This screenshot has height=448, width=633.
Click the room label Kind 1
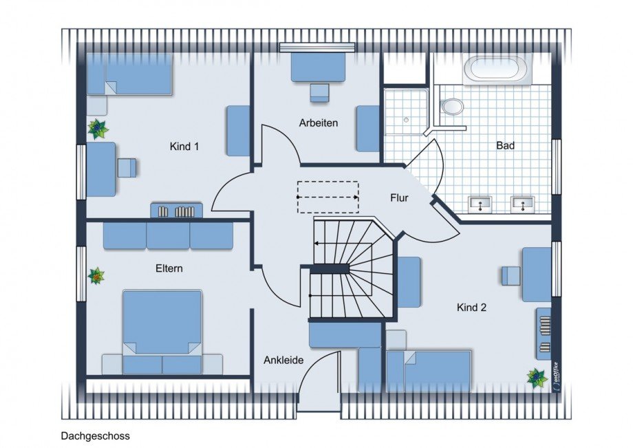click(184, 146)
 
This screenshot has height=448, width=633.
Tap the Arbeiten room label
click(318, 123)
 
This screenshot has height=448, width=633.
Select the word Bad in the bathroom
click(505, 145)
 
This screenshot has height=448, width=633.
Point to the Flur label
click(399, 198)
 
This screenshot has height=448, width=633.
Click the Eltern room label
click(169, 268)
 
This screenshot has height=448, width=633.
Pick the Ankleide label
click(283, 360)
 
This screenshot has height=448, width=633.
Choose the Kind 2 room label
click(471, 308)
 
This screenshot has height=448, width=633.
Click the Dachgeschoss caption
click(95, 436)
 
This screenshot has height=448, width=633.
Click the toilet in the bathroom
click(452, 107)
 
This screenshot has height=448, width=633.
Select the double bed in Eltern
click(162, 332)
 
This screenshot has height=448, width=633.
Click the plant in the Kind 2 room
click(537, 378)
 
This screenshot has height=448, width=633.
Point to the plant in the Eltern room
click(96, 276)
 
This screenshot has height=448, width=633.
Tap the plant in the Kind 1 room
click(98, 129)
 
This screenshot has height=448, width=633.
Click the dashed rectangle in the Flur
click(328, 197)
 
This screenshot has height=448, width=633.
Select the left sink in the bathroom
click(480, 204)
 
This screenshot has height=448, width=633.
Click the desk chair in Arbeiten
click(320, 93)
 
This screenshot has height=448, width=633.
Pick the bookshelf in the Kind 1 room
click(176, 211)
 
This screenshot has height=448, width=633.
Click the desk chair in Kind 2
click(511, 276)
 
